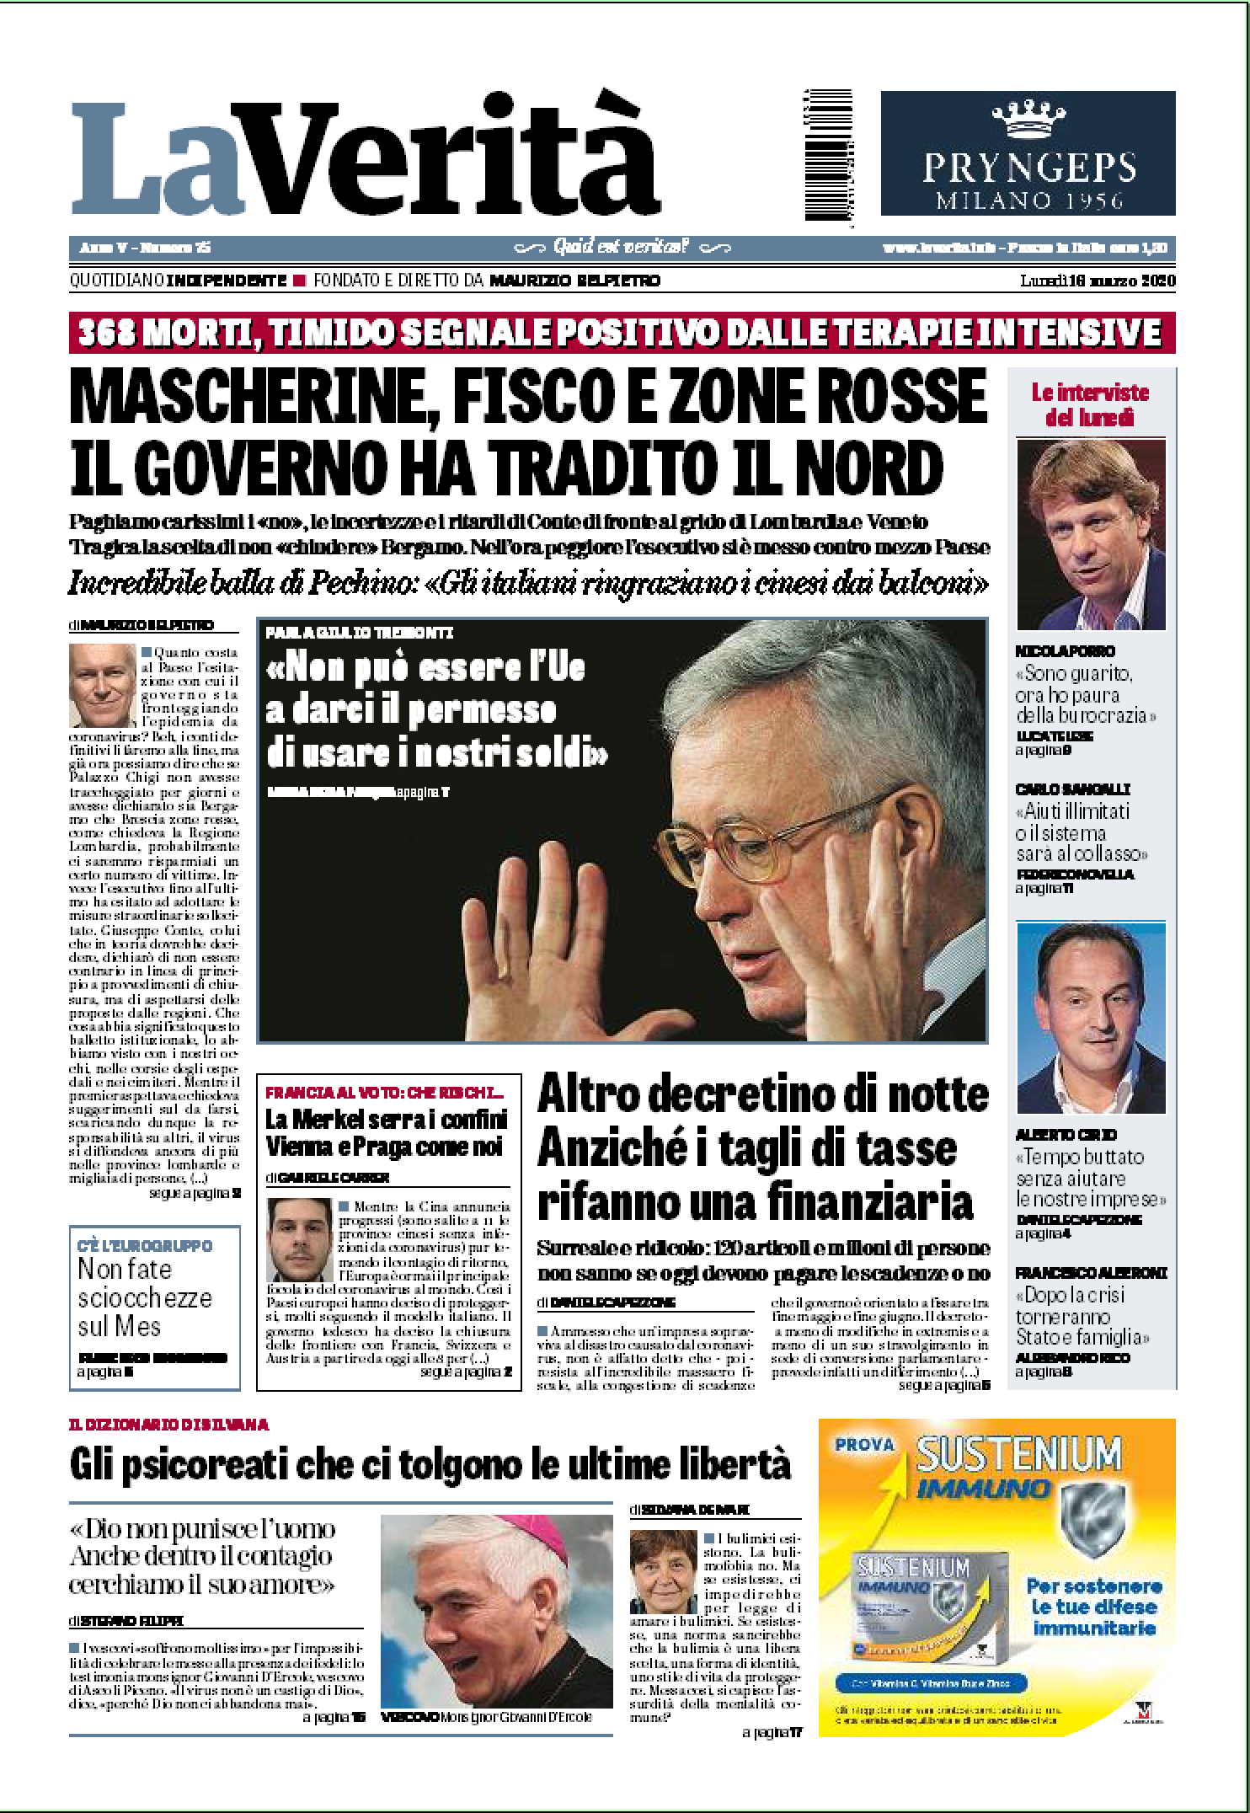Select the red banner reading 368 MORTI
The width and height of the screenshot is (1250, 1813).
tap(622, 333)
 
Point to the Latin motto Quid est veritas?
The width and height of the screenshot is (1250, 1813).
tap(621, 247)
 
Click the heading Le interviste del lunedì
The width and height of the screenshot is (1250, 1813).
tap(1090, 404)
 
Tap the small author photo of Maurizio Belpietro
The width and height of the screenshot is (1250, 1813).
tap(102, 686)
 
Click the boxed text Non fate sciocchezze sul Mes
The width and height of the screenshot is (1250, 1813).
tap(145, 1297)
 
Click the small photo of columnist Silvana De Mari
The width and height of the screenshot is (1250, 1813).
tap(663, 1570)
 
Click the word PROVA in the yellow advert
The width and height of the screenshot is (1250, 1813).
tap(864, 1445)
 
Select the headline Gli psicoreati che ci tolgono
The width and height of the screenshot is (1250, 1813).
tap(430, 1465)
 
